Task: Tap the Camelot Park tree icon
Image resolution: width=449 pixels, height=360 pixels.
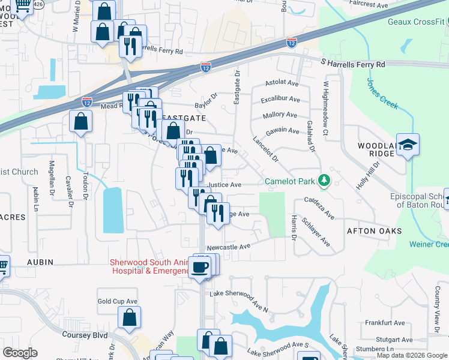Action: [x=324, y=180]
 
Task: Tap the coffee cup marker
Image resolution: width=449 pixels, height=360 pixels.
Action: [x=200, y=267]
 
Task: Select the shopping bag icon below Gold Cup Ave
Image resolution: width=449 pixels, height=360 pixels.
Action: [x=129, y=319]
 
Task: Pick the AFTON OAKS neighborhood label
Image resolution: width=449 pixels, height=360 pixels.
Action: [x=373, y=231]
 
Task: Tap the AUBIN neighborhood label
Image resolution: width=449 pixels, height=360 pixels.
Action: [x=40, y=262]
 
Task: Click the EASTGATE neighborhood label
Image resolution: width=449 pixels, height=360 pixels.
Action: [x=185, y=119]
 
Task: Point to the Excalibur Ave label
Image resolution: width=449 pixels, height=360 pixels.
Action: [x=280, y=99]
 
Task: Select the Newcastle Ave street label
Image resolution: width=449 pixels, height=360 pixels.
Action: [x=228, y=247]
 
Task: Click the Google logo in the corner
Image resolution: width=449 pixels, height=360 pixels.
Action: [x=19, y=353]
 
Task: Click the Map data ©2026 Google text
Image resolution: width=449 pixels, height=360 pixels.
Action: [x=412, y=355]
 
